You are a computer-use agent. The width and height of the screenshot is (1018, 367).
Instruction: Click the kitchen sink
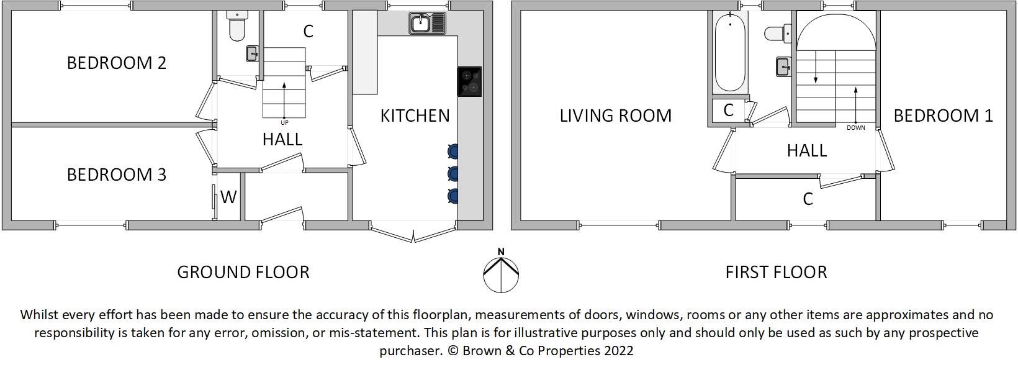(428, 23)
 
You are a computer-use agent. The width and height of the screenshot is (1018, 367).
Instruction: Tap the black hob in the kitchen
(469, 82)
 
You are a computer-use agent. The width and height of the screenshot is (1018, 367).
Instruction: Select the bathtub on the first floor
(730, 52)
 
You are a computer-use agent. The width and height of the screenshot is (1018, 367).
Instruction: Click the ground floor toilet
(236, 25)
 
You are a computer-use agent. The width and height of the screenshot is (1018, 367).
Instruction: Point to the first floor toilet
(778, 33)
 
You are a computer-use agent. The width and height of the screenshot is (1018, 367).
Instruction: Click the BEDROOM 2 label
(117, 63)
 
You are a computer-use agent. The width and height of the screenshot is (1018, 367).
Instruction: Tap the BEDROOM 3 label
(117, 174)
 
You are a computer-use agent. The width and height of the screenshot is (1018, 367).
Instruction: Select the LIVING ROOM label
(616, 116)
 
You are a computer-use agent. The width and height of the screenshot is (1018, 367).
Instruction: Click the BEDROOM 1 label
(944, 116)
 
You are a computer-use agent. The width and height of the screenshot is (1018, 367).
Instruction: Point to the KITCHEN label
(415, 116)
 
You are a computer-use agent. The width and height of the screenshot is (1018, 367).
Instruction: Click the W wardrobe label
(228, 197)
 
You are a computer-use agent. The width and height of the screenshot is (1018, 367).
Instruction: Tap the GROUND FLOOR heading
(243, 273)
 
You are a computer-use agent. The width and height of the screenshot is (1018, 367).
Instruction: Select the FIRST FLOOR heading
(776, 273)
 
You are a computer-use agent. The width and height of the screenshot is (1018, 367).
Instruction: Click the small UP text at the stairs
(284, 123)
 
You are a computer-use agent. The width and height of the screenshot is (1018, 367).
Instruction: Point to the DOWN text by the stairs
(856, 128)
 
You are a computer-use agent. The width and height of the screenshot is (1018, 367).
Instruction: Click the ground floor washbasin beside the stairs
(252, 53)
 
